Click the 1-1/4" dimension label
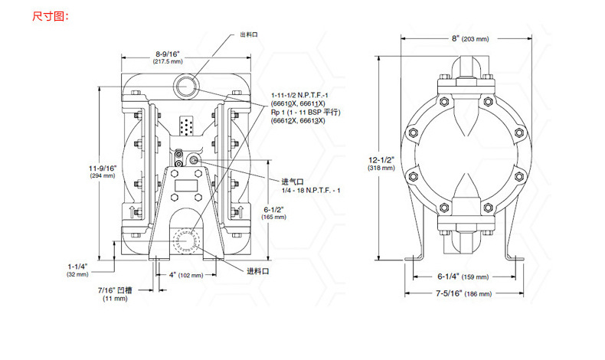point(77,265)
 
